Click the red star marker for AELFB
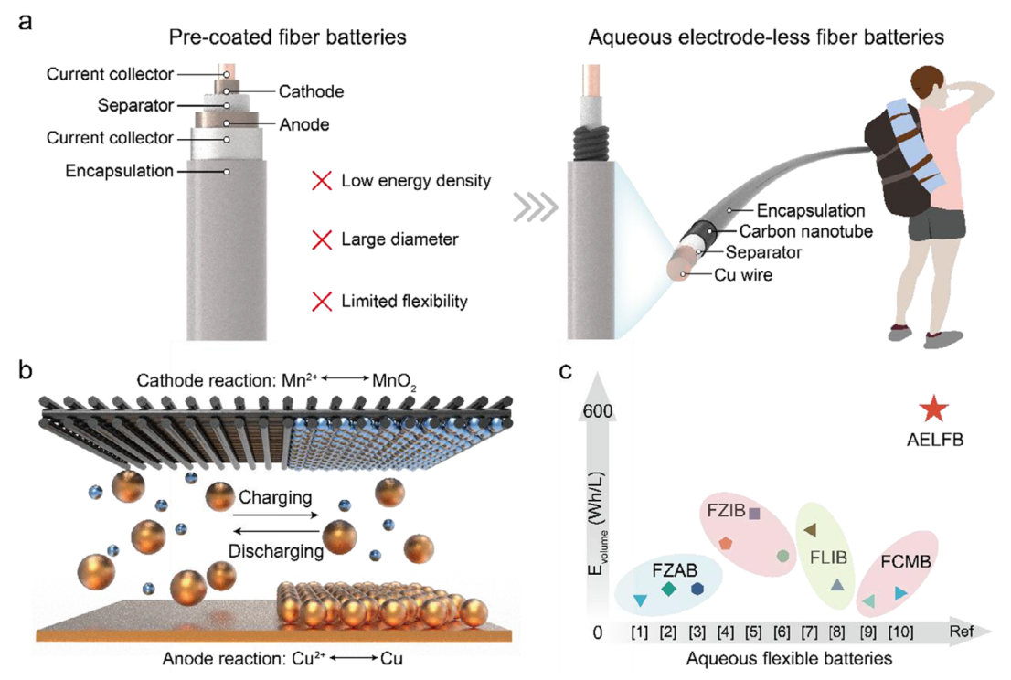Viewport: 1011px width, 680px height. [933, 409]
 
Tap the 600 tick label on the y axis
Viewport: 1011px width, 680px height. [598, 410]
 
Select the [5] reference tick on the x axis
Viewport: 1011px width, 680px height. [753, 632]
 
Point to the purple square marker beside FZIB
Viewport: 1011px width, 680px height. [754, 513]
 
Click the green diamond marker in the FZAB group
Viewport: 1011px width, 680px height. [668, 589]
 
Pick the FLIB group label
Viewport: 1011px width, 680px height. [828, 558]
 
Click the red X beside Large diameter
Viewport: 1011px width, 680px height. [322, 239]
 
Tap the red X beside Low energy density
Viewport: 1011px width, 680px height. [322, 180]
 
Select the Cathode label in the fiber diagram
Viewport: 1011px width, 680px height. [312, 91]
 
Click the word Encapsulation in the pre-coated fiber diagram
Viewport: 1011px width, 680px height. [119, 171]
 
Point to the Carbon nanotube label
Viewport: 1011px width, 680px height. [806, 231]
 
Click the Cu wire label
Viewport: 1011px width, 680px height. [743, 275]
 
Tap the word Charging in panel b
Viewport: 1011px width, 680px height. [275, 497]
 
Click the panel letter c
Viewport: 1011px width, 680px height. [566, 371]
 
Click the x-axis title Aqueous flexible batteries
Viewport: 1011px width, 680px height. [789, 659]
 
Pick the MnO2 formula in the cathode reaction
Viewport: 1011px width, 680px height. [394, 381]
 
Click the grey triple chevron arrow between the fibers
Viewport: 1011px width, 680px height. [536, 207]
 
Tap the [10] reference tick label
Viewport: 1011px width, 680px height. [900, 632]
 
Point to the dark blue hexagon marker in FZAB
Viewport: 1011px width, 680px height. [697, 589]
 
